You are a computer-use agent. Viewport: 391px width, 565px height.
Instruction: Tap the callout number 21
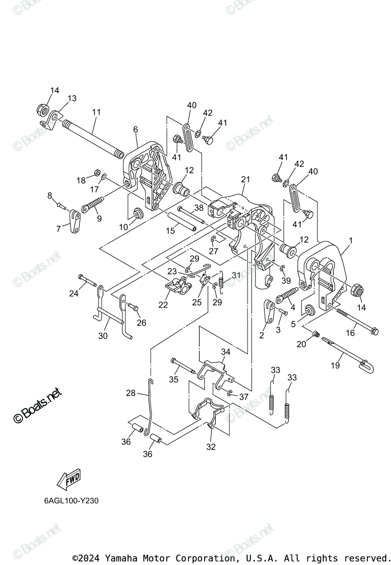coord(246,179)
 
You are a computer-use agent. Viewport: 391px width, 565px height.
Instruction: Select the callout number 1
coord(350,240)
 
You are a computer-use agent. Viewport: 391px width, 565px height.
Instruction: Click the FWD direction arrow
coord(68,480)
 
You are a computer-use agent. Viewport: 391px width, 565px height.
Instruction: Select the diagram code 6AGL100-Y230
coord(69,500)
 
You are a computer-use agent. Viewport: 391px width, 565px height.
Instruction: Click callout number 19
coord(335,365)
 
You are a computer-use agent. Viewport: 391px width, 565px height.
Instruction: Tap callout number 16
coord(350,333)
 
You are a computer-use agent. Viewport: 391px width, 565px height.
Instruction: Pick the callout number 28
coord(130,393)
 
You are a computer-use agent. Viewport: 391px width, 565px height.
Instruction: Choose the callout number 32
coord(211,447)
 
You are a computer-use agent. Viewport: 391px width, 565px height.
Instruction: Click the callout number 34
coord(226,352)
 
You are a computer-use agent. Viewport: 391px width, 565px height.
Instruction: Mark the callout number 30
coord(103,336)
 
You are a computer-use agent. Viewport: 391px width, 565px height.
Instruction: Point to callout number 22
coord(163,305)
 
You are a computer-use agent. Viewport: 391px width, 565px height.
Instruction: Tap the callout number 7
coord(58,229)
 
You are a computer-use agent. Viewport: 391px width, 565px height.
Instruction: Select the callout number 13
coord(72,98)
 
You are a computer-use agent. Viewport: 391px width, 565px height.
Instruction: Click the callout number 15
coord(170,231)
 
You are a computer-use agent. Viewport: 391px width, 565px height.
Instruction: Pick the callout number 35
coord(174,379)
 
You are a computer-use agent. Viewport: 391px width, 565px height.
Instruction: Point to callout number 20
coord(301,344)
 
